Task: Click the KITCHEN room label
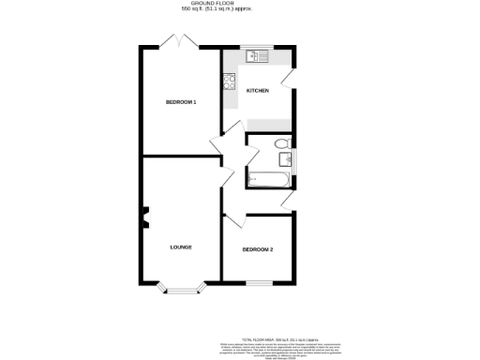click(258, 91)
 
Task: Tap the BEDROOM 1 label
click(181, 101)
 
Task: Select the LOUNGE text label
click(181, 247)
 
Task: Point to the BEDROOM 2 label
click(258, 249)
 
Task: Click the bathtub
click(268, 178)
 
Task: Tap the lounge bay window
click(181, 289)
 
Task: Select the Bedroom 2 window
click(260, 282)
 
